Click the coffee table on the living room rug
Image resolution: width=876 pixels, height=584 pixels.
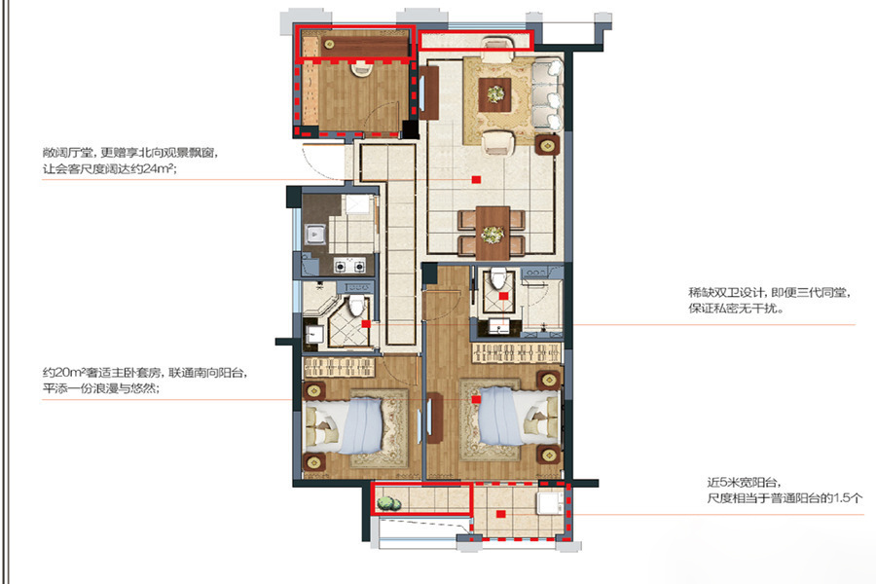pos(495,94)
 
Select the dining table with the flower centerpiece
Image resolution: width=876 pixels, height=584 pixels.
pos(493,233)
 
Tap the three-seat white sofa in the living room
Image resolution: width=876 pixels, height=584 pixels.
pos(547,95)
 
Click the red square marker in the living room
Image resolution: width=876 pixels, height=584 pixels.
pos(476,179)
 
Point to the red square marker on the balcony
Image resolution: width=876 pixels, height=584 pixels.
pos(500,514)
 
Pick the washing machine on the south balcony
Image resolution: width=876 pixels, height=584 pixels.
pos(550,502)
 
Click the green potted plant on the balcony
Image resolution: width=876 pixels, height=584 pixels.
pos(388,503)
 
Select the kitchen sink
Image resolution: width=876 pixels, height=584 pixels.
pos(315,235)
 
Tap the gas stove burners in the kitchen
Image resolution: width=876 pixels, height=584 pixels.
pos(349,266)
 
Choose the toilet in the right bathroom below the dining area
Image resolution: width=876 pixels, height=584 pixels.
pos(497,277)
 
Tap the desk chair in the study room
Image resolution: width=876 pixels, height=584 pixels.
pos(361,68)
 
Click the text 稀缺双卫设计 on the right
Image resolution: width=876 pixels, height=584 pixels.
pos(726,292)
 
